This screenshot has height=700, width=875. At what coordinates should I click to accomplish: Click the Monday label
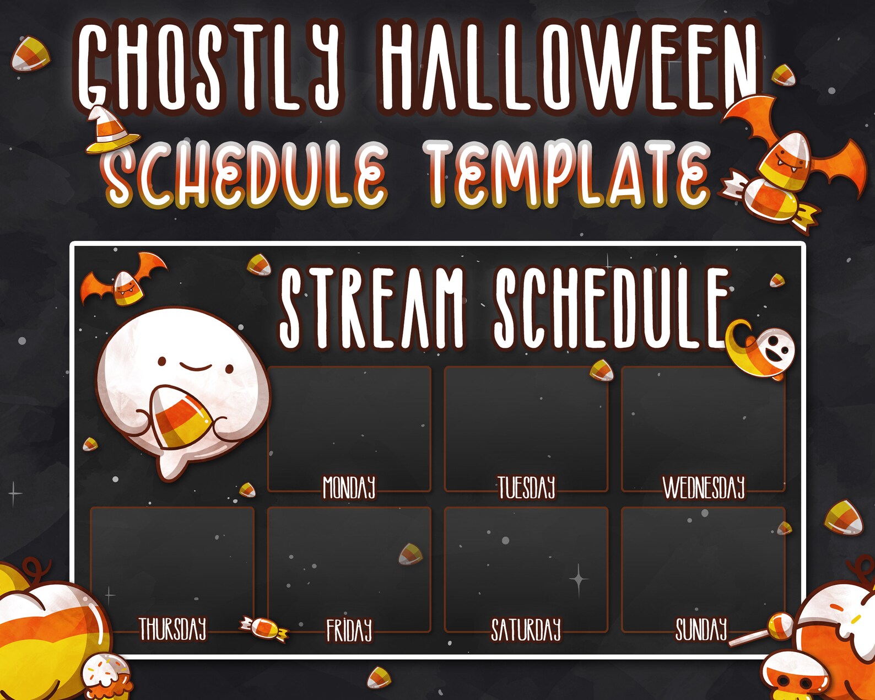pyautogui.click(x=349, y=488)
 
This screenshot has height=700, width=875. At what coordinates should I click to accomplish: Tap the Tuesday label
pyautogui.click(x=526, y=488)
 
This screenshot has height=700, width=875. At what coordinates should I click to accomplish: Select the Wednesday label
pyautogui.click(x=704, y=488)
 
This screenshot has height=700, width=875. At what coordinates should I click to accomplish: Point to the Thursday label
pyautogui.click(x=172, y=629)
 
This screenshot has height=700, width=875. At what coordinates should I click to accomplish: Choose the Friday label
pyautogui.click(x=349, y=630)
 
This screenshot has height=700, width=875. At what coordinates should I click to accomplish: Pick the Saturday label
pyautogui.click(x=526, y=630)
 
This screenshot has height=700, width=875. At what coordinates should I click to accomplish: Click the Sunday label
pyautogui.click(x=701, y=629)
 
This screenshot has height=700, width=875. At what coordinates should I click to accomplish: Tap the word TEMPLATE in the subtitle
pyautogui.click(x=568, y=174)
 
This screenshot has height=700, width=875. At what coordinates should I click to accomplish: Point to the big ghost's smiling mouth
pyautogui.click(x=196, y=367)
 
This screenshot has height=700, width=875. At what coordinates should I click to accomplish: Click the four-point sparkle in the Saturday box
pyautogui.click(x=579, y=579)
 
